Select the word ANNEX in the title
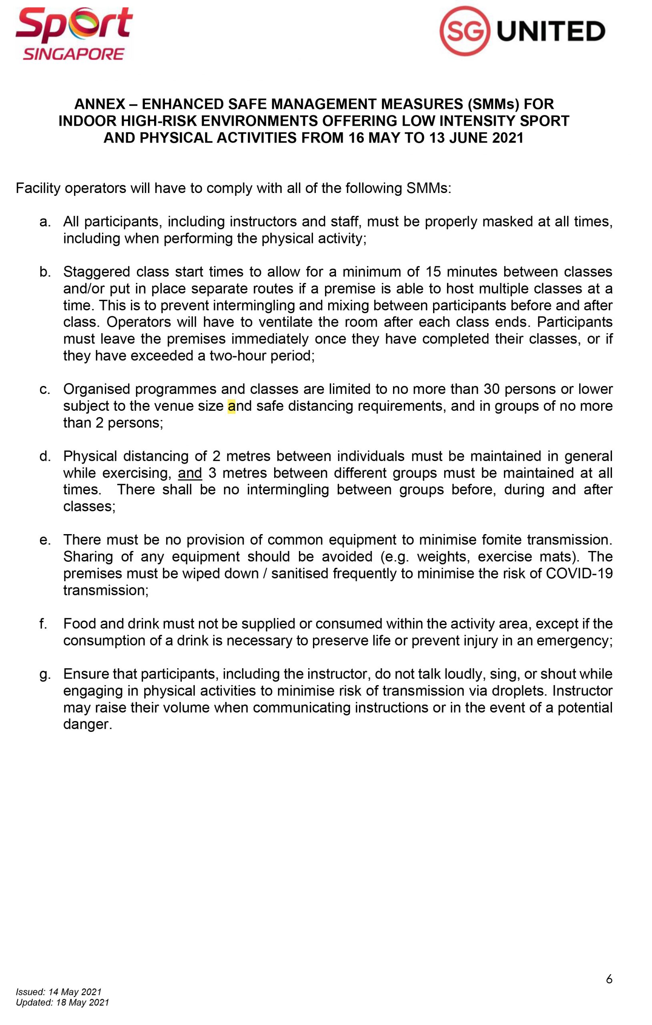click(100, 104)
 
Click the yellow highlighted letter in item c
click(231, 406)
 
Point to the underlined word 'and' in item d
click(190, 473)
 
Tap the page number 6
click(609, 979)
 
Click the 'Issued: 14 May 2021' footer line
click(59, 992)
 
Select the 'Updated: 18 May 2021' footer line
click(62, 1003)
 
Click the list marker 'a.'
click(45, 222)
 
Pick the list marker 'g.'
click(45, 674)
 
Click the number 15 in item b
click(433, 272)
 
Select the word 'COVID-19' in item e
click(579, 573)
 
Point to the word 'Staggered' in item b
click(96, 272)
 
